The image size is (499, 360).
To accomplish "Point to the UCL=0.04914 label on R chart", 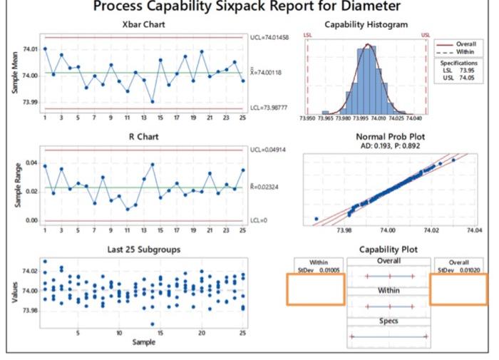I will [x=269, y=150].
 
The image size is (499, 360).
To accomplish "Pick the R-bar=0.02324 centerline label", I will [x=267, y=188].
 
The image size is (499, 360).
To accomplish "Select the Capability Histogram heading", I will [x=366, y=24].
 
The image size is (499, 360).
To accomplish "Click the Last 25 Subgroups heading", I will [x=142, y=249].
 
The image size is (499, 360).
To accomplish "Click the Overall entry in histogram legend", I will [x=465, y=45].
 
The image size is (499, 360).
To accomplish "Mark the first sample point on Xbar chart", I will [x=45, y=48].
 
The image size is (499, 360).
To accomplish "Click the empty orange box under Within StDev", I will [x=315, y=290].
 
